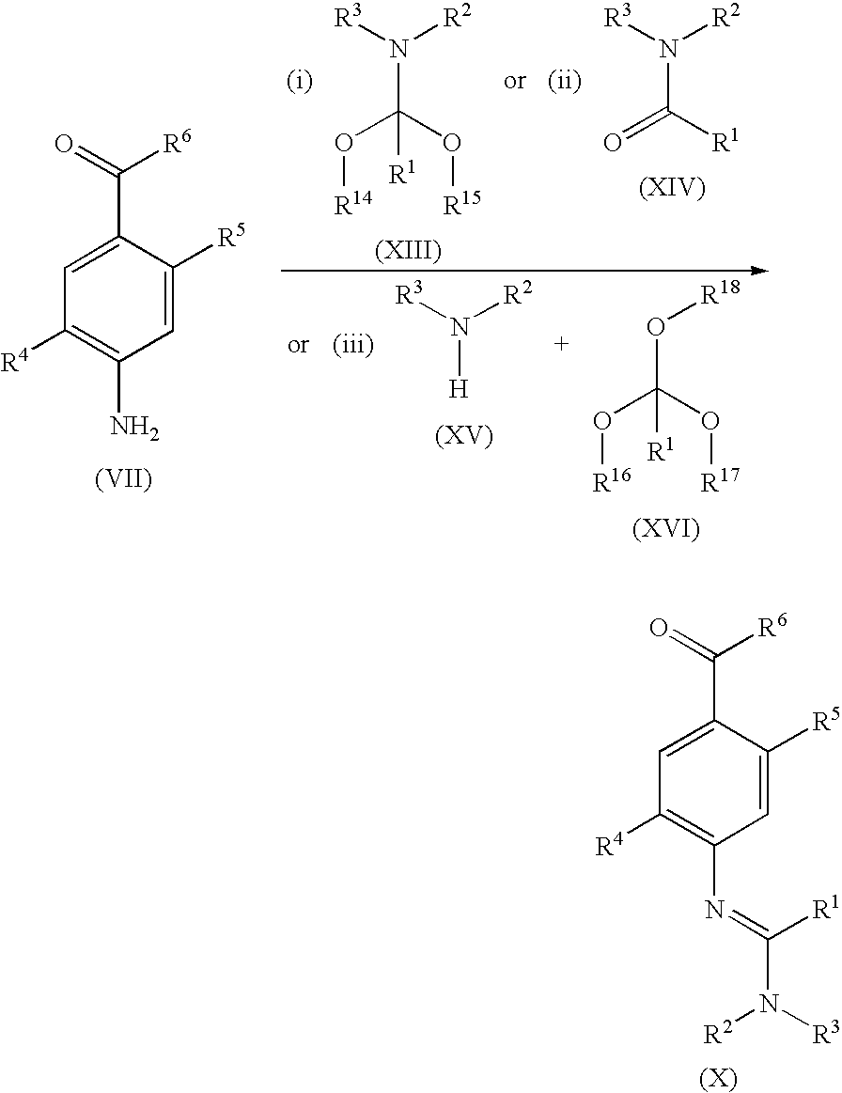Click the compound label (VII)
123,479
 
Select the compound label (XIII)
408,252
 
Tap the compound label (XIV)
672,188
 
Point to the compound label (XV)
463,437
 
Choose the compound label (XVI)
665,530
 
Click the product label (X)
717,1079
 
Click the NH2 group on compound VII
135,426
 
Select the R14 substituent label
352,204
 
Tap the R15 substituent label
462,204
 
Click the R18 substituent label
719,295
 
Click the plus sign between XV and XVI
561,344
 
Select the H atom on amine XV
458,388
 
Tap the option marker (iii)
352,345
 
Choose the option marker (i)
300,82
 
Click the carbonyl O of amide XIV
612,144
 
